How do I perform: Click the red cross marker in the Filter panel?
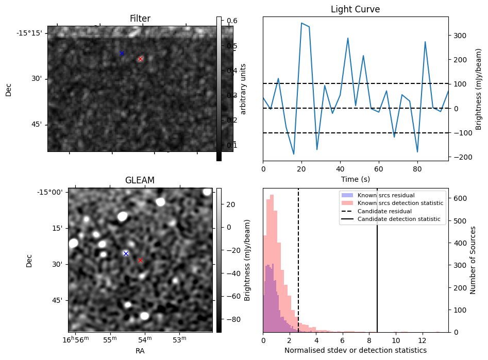[140, 59]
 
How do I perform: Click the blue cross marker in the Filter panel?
[122, 54]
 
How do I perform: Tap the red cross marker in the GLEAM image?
[140, 261]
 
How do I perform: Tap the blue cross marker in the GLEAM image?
[126, 253]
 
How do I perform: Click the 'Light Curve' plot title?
[356, 9]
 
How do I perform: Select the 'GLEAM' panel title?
[140, 180]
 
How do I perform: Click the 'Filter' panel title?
[140, 19]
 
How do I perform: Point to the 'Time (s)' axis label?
[356, 179]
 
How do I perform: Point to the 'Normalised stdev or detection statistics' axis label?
[356, 350]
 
